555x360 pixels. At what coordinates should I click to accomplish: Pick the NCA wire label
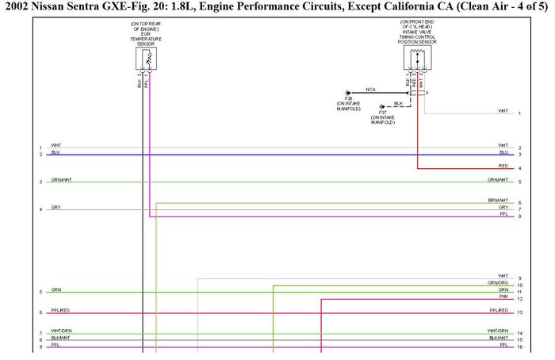coord(370,89)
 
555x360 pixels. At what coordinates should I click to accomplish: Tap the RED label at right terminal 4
coord(503,166)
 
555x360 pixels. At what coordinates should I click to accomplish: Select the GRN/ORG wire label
coord(498,283)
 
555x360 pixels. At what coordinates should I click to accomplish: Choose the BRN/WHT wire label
coord(498,201)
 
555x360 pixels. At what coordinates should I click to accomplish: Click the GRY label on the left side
coord(55,207)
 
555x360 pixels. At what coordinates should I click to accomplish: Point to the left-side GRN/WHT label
coord(61,180)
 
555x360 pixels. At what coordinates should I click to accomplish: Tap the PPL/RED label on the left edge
coord(60,310)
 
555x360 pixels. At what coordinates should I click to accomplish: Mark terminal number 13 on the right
coord(519,312)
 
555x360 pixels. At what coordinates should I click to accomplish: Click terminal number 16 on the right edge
coord(519,347)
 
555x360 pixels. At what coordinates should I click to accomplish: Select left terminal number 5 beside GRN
coord(40,293)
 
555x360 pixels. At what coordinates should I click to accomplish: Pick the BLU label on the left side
coord(55,152)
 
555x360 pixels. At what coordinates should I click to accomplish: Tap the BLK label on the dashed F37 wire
coord(398,103)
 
